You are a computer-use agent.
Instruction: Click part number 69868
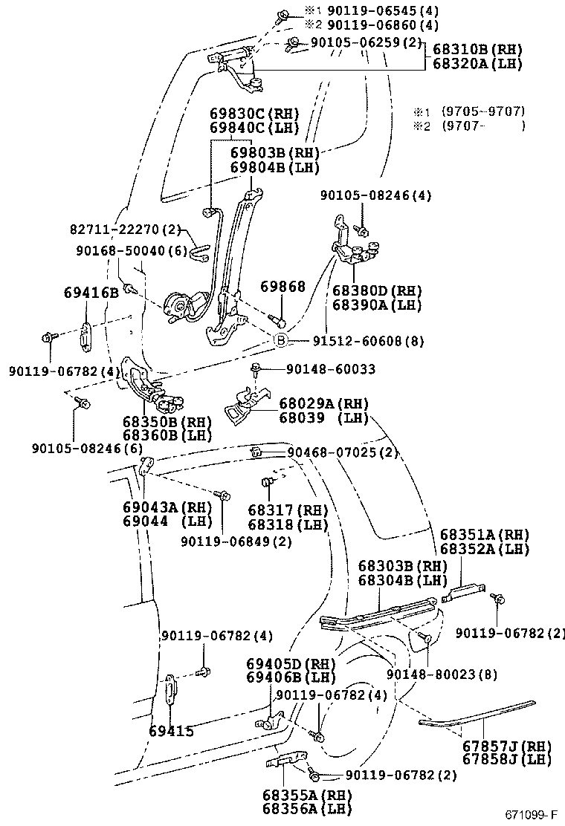(282, 287)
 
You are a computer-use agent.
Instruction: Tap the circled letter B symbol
(282, 341)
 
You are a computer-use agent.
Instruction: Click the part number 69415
(171, 732)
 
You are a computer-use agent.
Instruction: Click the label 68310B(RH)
(477, 50)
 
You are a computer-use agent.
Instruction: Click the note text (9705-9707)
(483, 111)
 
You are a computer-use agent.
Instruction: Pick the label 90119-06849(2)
(236, 541)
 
